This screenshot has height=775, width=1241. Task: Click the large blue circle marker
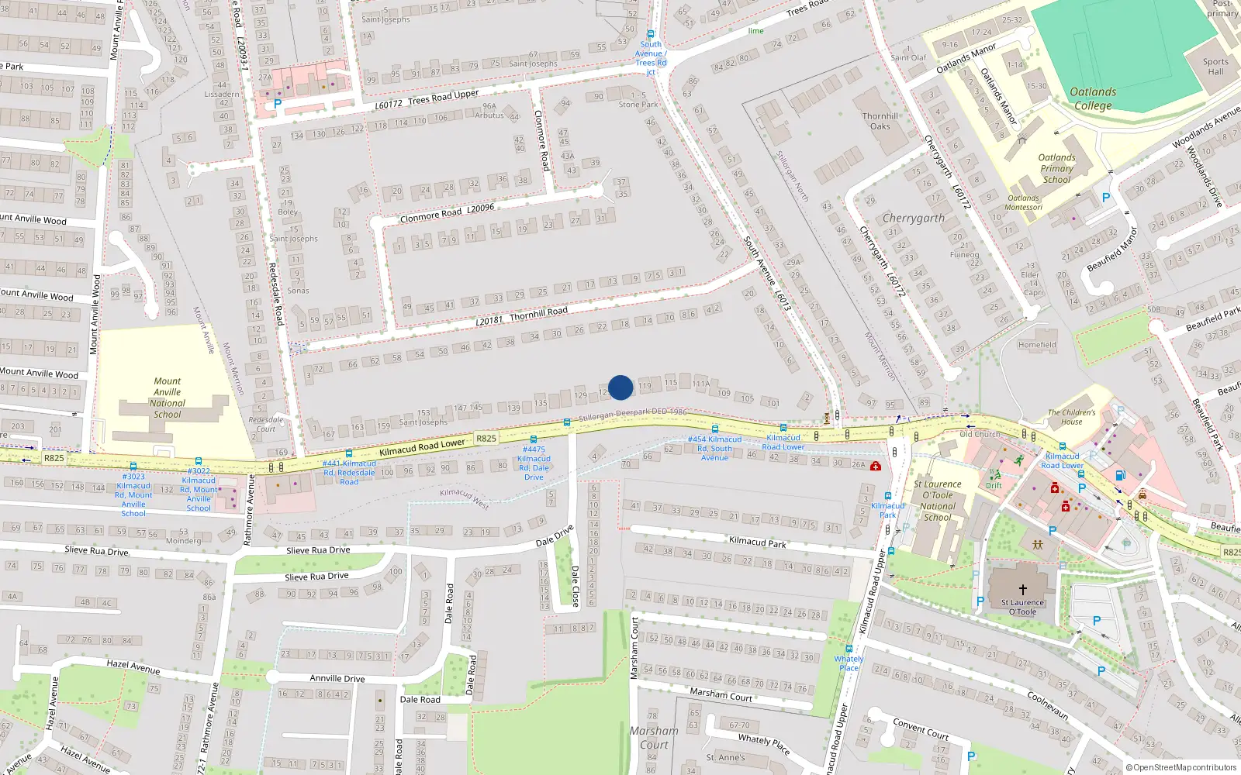(x=620, y=387)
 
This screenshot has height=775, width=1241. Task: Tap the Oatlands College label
(x=1093, y=98)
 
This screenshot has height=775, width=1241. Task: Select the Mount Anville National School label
(x=168, y=398)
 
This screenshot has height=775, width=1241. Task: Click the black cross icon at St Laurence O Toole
(x=1022, y=590)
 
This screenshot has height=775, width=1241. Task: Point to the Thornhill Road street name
(x=538, y=312)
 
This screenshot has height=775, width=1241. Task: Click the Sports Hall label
(x=1215, y=67)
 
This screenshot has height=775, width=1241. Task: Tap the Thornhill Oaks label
(x=880, y=121)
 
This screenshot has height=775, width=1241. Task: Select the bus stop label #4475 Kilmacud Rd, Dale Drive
(x=534, y=463)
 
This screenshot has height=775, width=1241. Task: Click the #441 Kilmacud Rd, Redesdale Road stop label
(x=349, y=472)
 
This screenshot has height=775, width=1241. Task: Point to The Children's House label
(x=1072, y=417)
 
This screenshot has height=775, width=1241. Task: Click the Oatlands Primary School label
(x=1056, y=168)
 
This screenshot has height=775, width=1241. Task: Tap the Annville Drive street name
(x=337, y=678)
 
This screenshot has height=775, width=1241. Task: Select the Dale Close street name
(x=576, y=585)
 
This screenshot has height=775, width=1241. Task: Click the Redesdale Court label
(x=266, y=424)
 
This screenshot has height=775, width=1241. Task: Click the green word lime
(x=755, y=32)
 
